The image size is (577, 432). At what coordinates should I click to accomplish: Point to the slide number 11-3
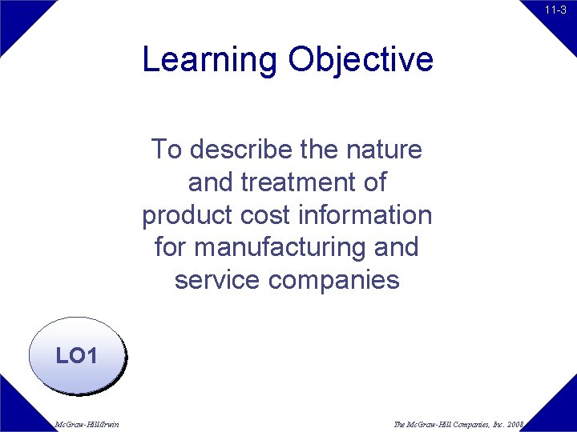[555, 10]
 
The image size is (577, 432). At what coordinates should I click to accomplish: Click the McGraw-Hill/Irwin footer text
[87, 424]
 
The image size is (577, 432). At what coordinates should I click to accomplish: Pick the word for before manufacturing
[170, 248]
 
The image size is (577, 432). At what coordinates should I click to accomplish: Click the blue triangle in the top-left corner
[16, 16]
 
